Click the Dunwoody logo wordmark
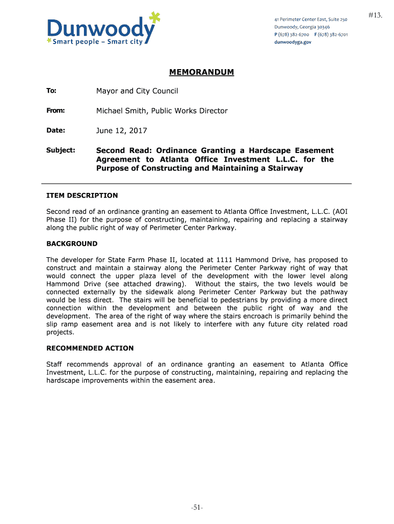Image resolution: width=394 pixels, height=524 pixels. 100,29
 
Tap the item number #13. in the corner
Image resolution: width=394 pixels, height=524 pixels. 375,16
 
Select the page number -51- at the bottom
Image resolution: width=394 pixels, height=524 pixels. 197,508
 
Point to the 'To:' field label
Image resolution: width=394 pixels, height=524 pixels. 51,91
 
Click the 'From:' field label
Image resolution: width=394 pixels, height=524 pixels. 56,111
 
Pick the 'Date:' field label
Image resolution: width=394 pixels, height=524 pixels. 55,130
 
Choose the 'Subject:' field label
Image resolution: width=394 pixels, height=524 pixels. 60,150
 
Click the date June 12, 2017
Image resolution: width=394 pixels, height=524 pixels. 121,130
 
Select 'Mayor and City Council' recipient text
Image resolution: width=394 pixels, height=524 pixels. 137,91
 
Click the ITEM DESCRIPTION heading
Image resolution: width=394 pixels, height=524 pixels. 82,195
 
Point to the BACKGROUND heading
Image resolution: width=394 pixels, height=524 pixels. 72,244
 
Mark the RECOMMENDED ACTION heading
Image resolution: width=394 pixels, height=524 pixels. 90,348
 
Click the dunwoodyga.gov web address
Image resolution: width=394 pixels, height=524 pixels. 293,42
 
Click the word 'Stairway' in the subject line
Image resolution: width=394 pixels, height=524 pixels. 286,168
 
